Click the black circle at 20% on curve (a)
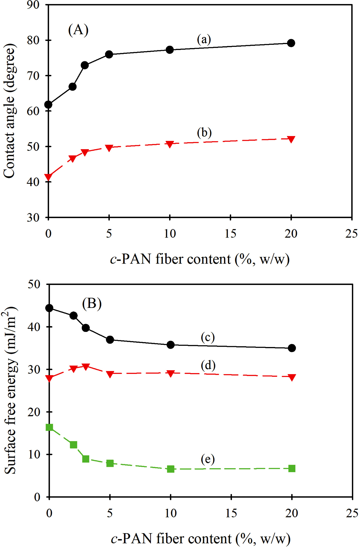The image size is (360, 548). [x=291, y=43]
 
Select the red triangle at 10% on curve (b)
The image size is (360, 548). [x=170, y=144]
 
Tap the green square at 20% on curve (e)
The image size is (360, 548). [x=291, y=468]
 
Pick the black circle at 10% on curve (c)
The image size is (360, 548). [x=171, y=345]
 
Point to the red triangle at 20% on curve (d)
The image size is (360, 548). [x=291, y=377]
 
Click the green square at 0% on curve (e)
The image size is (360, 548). [x=49, y=427]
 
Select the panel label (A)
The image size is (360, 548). [x=78, y=30]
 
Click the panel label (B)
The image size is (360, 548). [x=92, y=303]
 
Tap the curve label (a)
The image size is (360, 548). [x=204, y=39]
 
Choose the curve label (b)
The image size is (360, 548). [x=204, y=133]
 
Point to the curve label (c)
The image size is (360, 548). [x=207, y=337]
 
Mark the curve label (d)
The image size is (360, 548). [x=208, y=365]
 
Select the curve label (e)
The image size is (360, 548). [x=207, y=459]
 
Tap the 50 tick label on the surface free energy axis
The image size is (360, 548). [x=34, y=284]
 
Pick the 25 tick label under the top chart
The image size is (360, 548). [x=351, y=234]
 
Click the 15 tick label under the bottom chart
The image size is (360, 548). [x=231, y=513]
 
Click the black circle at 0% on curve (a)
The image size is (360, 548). [x=49, y=105]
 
